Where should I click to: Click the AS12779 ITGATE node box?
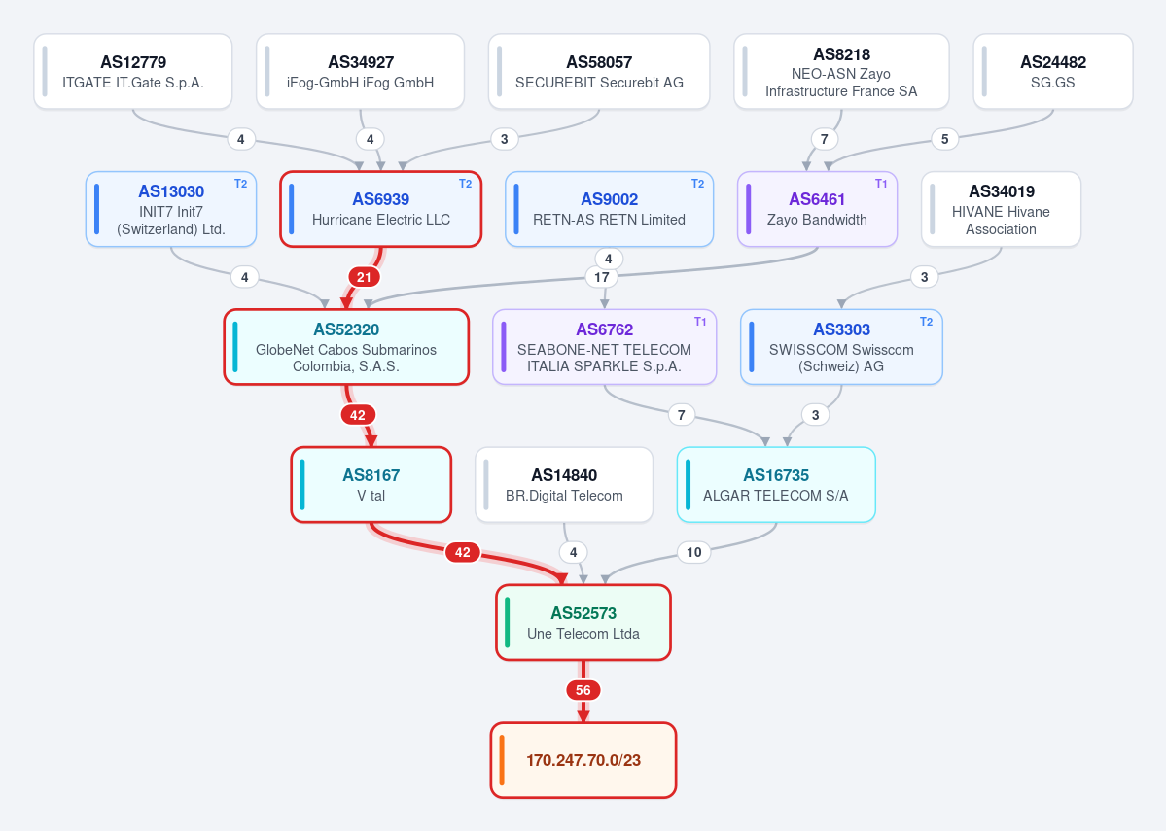(133, 71)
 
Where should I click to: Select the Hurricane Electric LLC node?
(381, 209)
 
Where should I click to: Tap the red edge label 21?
(364, 277)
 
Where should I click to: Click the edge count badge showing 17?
(602, 277)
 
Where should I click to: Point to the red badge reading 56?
(583, 690)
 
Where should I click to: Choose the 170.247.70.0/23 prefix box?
(583, 760)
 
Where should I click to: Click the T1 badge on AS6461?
(881, 184)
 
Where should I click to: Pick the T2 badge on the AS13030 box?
(241, 184)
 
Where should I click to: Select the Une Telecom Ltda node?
(583, 622)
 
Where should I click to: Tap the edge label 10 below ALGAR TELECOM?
(693, 552)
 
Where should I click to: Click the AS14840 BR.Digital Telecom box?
(564, 485)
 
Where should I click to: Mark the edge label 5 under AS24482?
(945, 139)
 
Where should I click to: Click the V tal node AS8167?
(371, 485)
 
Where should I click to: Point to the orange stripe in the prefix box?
(502, 760)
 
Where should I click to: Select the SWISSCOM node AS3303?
(842, 347)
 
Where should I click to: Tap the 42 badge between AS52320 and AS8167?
(358, 415)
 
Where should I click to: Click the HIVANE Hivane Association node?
(1001, 209)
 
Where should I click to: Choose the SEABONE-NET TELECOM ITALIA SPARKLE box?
(605, 347)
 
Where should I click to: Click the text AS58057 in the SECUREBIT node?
(599, 62)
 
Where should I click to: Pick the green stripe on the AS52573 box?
(508, 622)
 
